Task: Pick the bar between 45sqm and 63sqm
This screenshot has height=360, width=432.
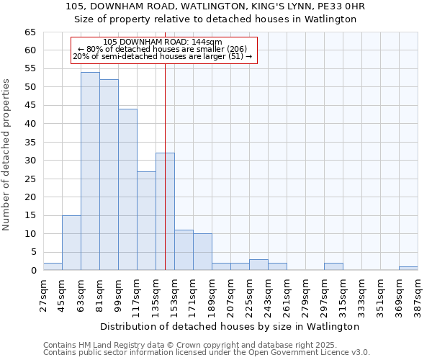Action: tap(71, 243)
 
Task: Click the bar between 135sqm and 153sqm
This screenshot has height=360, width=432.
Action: tap(165, 212)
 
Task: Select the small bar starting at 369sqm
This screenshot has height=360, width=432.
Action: tap(408, 268)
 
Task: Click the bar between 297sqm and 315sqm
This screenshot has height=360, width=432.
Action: tap(333, 266)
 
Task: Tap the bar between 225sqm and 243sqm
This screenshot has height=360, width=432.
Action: tap(258, 264)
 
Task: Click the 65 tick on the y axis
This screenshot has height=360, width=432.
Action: tap(30, 32)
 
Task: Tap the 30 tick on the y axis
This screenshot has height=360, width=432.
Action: tap(30, 161)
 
